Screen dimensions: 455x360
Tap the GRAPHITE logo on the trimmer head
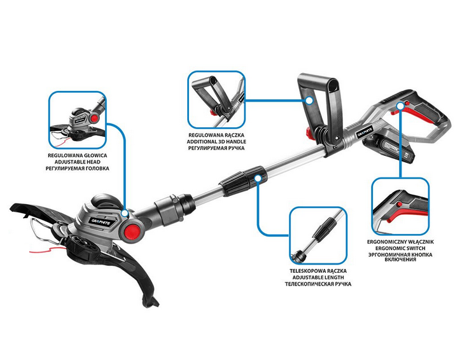pos(103,221)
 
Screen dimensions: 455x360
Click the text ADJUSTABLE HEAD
pos(78,162)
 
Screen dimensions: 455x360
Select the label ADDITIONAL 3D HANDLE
pos(216,142)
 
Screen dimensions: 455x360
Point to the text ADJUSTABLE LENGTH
pos(318,277)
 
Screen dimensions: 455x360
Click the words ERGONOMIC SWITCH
pos(400,248)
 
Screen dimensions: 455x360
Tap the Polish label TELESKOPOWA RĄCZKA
pos(318,271)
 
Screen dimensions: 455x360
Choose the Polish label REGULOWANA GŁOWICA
pos(78,155)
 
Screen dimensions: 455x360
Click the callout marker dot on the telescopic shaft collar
pos(258,178)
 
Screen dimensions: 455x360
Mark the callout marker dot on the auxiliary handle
pos(309,100)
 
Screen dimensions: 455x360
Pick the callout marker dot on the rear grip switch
pos(400,106)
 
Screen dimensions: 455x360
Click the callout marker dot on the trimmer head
pos(125,214)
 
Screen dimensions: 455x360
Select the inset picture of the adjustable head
pos(78,120)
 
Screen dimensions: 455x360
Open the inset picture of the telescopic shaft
pos(318,235)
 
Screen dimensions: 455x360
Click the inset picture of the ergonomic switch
pos(400,206)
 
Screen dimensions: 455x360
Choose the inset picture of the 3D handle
pos(216,100)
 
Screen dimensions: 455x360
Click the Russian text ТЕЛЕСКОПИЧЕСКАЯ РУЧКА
pos(318,284)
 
